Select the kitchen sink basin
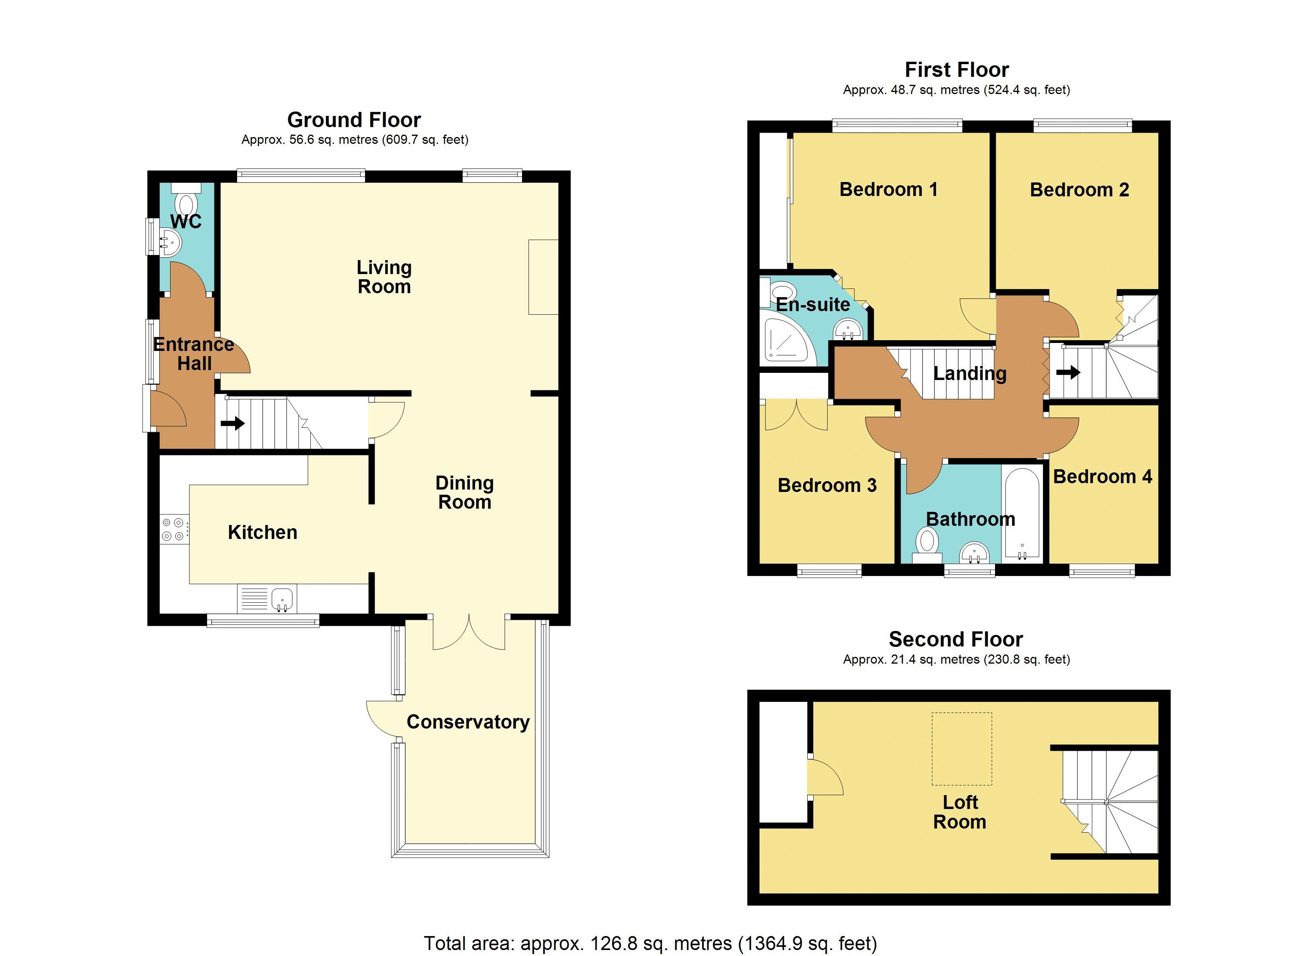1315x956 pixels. pyautogui.click(x=282, y=598)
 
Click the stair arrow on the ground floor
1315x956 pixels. pyautogui.click(x=232, y=424)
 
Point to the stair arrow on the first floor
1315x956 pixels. pyautogui.click(x=1068, y=372)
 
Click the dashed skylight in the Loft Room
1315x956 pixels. pyautogui.click(x=962, y=748)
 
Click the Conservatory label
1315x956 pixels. pyautogui.click(x=468, y=722)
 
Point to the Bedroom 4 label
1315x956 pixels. pyautogui.click(x=1102, y=476)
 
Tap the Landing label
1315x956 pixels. pyautogui.click(x=970, y=373)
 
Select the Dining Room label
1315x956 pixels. pyautogui.click(x=464, y=492)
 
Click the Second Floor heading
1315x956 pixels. pyautogui.click(x=956, y=639)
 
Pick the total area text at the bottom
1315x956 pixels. pyautogui.click(x=650, y=943)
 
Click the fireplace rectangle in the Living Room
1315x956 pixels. pyautogui.click(x=543, y=277)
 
